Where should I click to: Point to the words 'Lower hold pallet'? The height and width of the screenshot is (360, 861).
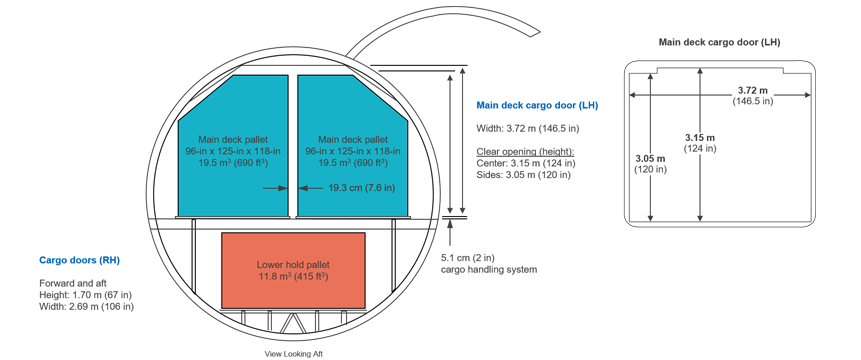pyautogui.click(x=293, y=264)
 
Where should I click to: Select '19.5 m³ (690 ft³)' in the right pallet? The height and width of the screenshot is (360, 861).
pyautogui.click(x=353, y=161)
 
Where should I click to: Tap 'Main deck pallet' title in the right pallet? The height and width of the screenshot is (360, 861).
pyautogui.click(x=353, y=138)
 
